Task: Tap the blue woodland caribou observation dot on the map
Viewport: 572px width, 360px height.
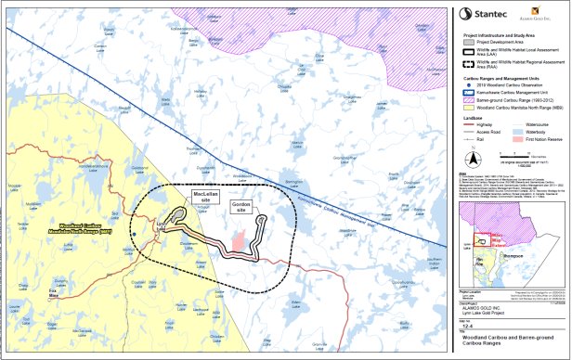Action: coord(135,234)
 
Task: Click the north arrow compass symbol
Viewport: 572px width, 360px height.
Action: coord(478,148)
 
